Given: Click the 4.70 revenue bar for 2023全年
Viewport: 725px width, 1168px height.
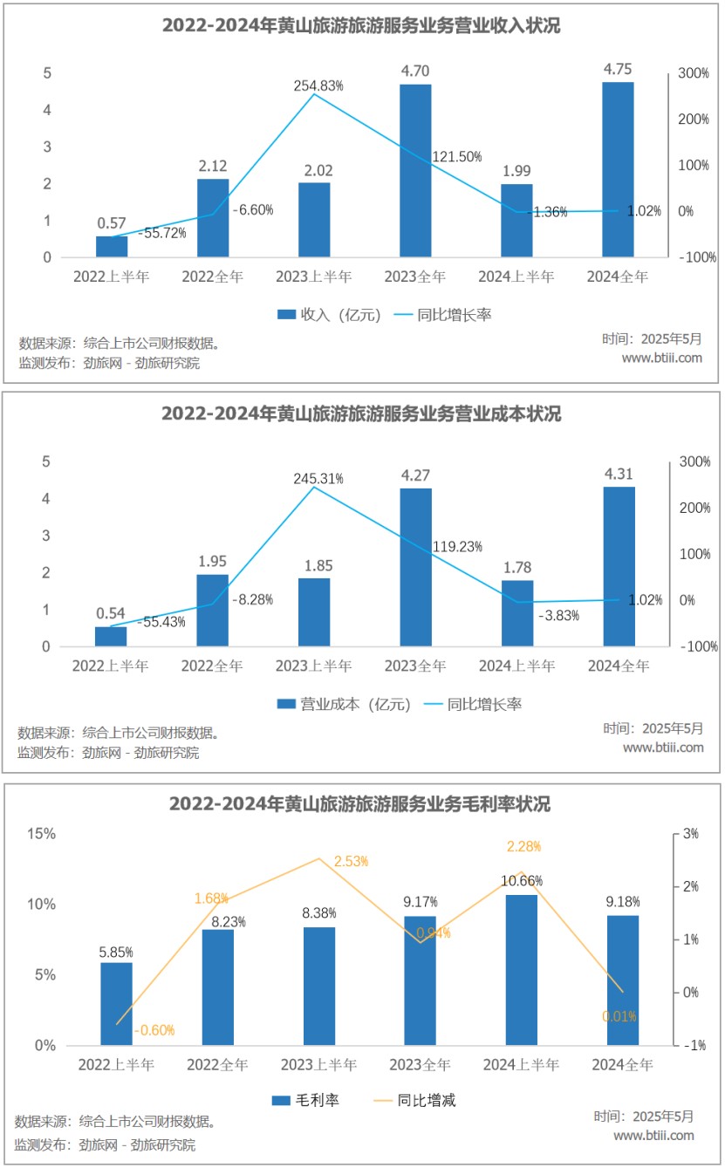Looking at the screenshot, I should click(x=415, y=170).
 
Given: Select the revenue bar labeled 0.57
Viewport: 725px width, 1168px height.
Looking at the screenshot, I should click(x=112, y=246).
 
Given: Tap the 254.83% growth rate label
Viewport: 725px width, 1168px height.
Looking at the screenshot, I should click(x=318, y=85).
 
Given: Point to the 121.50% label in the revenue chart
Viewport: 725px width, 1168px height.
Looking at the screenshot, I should click(x=457, y=157).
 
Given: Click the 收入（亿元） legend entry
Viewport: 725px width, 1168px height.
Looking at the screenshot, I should click(x=329, y=315).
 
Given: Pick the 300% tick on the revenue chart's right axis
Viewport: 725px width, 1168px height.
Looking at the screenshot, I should click(x=694, y=73).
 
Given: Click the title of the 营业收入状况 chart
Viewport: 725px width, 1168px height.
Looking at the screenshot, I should click(x=361, y=26).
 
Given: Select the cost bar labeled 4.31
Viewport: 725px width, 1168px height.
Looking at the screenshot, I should click(x=619, y=567).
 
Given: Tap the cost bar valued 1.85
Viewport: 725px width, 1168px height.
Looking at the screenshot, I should click(x=314, y=612).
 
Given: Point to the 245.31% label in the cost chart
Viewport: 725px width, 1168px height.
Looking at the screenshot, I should click(x=318, y=479).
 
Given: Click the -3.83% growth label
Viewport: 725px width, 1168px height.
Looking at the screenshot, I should click(x=557, y=615).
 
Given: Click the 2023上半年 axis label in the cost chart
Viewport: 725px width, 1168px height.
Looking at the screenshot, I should click(x=315, y=666).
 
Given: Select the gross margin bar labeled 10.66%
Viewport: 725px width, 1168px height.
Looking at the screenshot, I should click(x=522, y=969).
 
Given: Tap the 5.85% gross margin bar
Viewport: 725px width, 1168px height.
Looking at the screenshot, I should click(x=116, y=1003).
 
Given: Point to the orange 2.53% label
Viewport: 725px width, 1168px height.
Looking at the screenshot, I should click(x=350, y=861).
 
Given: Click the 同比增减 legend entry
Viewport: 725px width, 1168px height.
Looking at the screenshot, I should click(x=414, y=1101).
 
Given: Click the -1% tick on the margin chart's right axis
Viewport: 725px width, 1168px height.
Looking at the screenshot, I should click(x=694, y=1045).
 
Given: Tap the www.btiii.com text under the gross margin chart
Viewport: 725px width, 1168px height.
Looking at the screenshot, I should click(x=653, y=1135).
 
